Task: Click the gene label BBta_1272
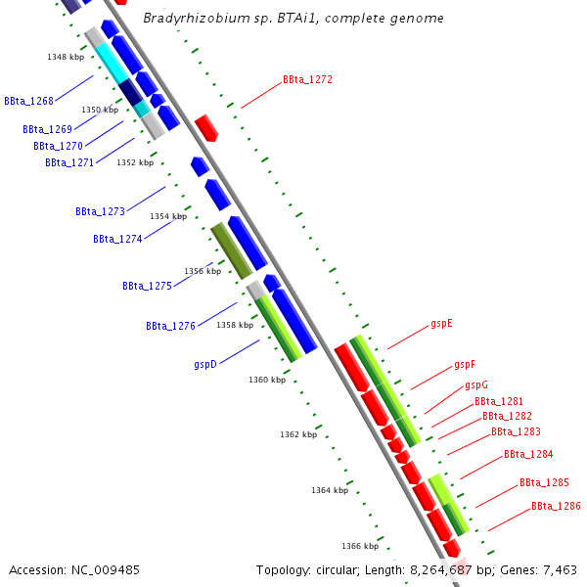coord(307,79)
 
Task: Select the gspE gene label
coord(441,323)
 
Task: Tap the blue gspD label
coord(204,364)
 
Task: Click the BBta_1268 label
coord(27,101)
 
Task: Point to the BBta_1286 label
coord(556,507)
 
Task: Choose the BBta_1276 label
coord(170,326)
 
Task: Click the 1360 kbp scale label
coord(266,380)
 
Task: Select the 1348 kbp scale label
coord(66,57)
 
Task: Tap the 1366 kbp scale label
coord(359,546)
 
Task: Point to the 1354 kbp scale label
coord(167,216)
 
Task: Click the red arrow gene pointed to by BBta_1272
coord(205,127)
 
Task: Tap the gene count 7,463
coord(560,569)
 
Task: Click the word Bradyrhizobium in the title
coord(187,19)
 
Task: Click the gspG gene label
coord(475,385)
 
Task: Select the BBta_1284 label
coord(528,455)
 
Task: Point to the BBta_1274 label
coord(117,239)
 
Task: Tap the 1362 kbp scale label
coord(297,434)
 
